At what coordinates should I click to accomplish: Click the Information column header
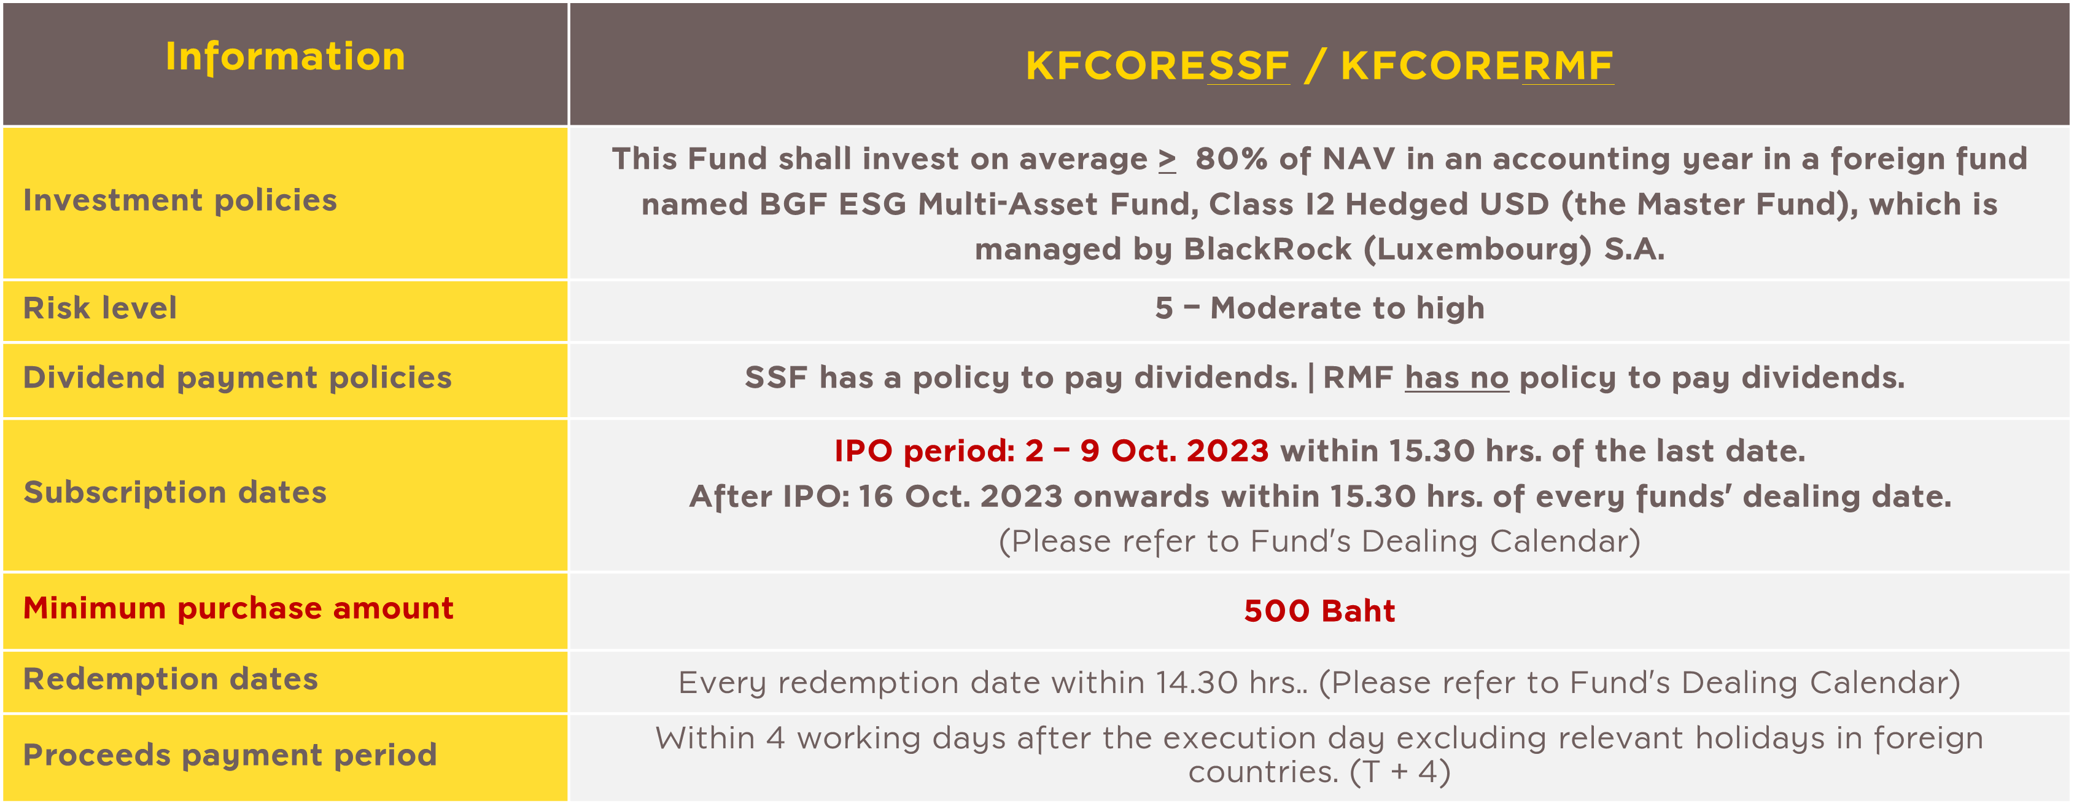point(285,57)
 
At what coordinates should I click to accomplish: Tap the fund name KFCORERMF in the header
point(1477,66)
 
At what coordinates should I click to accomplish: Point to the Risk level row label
point(100,308)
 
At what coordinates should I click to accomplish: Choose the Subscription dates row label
point(175,493)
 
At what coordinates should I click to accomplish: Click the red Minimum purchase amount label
point(238,609)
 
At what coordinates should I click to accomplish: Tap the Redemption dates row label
point(171,680)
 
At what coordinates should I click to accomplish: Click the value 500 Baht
point(1319,611)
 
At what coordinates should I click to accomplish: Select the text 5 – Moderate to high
point(1319,308)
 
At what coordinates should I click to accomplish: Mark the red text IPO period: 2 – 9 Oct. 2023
point(1052,451)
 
